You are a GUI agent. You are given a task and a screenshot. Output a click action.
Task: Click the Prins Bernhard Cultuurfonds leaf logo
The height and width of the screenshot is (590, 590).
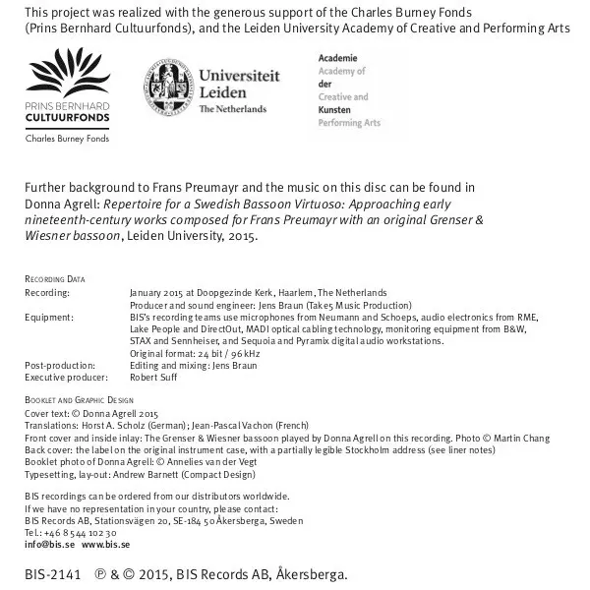click(67, 76)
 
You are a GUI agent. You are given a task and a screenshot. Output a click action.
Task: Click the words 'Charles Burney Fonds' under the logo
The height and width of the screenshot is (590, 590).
click(67, 138)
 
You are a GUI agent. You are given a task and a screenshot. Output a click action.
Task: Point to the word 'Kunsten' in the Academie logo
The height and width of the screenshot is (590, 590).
click(334, 111)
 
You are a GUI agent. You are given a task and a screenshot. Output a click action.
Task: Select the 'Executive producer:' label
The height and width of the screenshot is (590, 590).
click(64, 377)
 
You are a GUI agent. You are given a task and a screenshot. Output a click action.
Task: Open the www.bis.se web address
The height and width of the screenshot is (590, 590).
click(105, 544)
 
